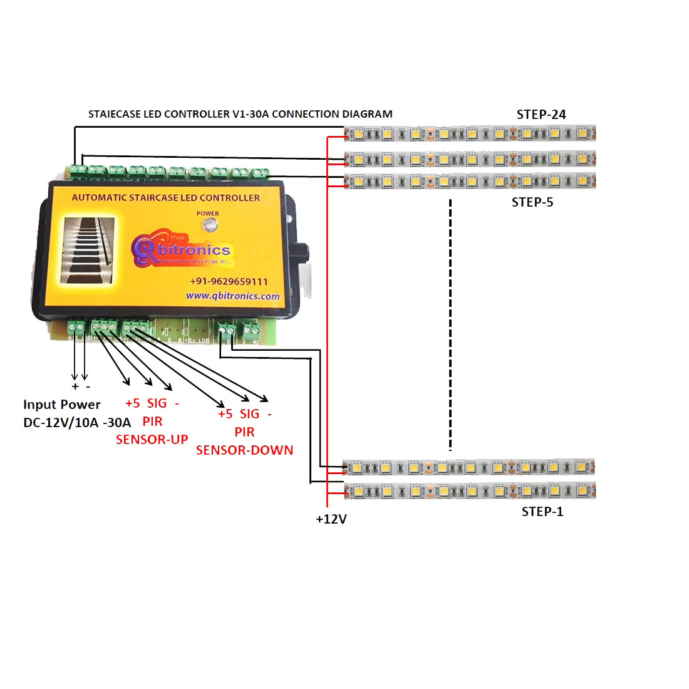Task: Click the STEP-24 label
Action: click(x=541, y=115)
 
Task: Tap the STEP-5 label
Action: click(x=532, y=202)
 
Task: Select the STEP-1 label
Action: click(x=542, y=512)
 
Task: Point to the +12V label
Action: click(x=331, y=519)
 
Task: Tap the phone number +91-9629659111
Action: click(x=229, y=282)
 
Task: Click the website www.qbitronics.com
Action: click(x=233, y=296)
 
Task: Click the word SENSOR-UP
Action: click(x=152, y=440)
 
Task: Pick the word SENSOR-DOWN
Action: click(x=244, y=450)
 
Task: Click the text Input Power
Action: click(x=61, y=405)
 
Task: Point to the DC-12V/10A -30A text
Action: click(x=77, y=423)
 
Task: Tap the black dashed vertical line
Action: click(x=450, y=326)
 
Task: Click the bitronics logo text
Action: click(x=194, y=250)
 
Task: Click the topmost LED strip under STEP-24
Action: click(x=470, y=133)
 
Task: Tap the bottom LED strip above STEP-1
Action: click(x=470, y=490)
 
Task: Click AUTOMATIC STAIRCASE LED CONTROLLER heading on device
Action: click(x=165, y=198)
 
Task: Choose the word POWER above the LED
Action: click(x=208, y=214)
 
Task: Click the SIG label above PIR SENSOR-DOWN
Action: click(x=249, y=414)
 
